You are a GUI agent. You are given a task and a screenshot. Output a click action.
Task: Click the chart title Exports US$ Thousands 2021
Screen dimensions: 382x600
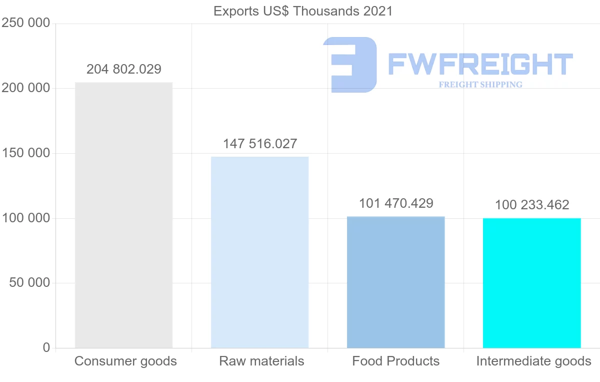[x=303, y=11]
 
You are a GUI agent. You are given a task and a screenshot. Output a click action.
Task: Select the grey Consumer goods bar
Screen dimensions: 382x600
[x=123, y=215]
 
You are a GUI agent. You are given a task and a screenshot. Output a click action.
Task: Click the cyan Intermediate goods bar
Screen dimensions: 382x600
[x=531, y=283]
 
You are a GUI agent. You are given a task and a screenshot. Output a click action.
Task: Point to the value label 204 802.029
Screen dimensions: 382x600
[x=124, y=69]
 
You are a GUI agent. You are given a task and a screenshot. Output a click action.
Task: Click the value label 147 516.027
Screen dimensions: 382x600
[x=260, y=144]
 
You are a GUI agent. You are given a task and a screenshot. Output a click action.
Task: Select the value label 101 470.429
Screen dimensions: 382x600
[x=396, y=203]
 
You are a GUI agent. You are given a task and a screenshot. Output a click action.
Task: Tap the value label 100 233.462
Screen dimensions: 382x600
[x=532, y=205]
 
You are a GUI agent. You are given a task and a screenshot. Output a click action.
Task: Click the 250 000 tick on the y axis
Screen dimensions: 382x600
[x=25, y=23]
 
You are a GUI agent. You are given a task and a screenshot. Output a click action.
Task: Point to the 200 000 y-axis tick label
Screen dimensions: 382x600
[x=25, y=88]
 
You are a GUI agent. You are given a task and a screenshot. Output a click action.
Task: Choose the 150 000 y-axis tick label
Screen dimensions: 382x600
[x=25, y=153]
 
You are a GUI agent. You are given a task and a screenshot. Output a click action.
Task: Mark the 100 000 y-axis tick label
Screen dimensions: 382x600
[x=25, y=218]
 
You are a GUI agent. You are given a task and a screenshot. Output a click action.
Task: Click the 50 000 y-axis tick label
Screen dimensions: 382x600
[x=29, y=283]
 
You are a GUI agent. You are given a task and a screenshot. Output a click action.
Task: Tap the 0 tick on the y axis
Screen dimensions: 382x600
[x=46, y=347]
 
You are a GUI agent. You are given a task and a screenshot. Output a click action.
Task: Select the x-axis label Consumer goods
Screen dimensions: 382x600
[x=125, y=361]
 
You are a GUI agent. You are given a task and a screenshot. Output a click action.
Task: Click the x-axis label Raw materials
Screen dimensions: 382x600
[x=261, y=361]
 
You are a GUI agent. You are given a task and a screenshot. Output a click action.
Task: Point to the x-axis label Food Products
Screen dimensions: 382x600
[x=396, y=361]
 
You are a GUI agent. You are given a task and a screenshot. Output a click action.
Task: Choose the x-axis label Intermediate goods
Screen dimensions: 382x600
[x=533, y=361]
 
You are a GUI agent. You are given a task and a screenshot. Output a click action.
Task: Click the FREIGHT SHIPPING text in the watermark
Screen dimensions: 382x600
[x=480, y=85]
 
